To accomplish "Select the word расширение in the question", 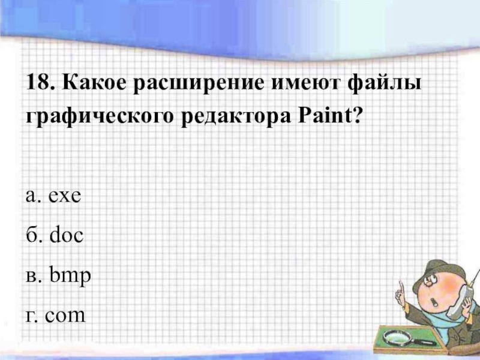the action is tap(199, 84).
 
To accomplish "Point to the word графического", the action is tap(100, 118).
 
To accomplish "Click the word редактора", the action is tap(236, 118).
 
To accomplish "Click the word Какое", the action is tap(94, 82).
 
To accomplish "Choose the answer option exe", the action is tap(65, 196).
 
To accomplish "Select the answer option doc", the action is tap(67, 235).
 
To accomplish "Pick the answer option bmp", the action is tap(70, 276).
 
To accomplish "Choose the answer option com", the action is tap(65, 316).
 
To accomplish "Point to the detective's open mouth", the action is tap(434, 302).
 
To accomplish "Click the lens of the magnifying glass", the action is tap(395, 337).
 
